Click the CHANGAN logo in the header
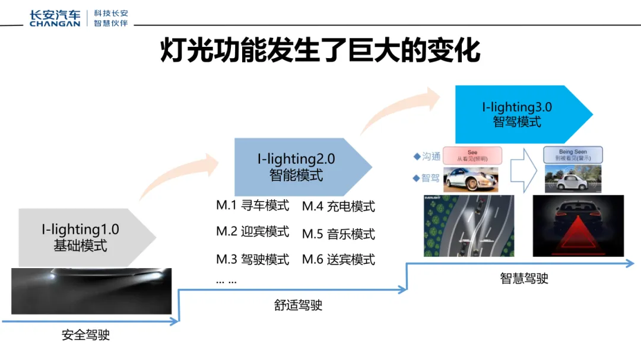[55, 18]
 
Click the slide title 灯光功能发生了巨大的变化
[320, 50]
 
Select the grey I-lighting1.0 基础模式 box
[81, 237]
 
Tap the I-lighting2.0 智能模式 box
[296, 167]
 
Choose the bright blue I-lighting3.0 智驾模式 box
[517, 114]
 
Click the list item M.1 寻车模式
[252, 206]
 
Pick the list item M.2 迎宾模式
[252, 232]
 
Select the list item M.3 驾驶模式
[252, 259]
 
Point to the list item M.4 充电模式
[338, 206]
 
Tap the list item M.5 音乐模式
[338, 234]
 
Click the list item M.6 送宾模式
[338, 259]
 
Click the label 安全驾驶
[86, 335]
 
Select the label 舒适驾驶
[299, 305]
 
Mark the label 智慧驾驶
[524, 279]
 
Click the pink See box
[472, 155]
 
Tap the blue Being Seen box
[573, 155]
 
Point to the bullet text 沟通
[431, 157]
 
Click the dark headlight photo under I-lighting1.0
[91, 291]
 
